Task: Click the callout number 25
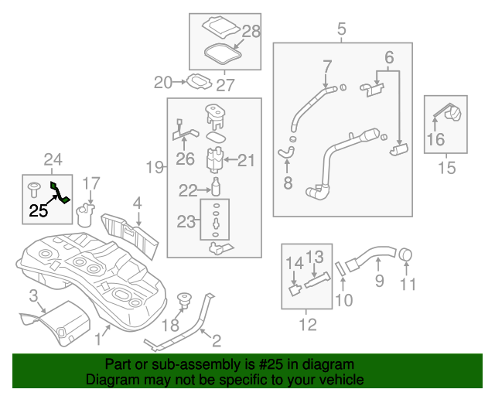(x=39, y=209)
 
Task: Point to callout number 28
(x=251, y=32)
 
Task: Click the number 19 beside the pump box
(x=154, y=166)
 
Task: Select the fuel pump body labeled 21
(x=214, y=160)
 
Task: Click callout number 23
(x=186, y=222)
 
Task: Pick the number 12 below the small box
(x=307, y=325)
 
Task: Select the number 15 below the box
(x=447, y=167)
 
